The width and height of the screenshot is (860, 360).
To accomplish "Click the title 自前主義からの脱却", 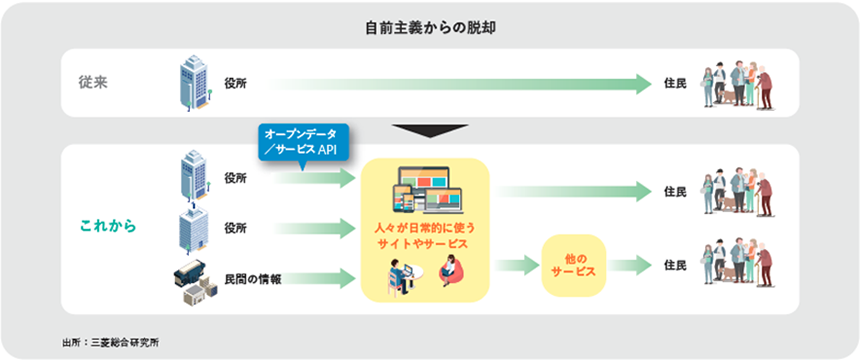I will click(430, 26).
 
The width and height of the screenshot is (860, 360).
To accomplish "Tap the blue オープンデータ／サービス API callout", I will click(300, 141).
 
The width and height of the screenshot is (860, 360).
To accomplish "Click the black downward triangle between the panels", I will click(430, 130).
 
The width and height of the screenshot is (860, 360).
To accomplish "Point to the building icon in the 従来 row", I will click(194, 81).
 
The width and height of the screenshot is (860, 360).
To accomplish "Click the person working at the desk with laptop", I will click(402, 272).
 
